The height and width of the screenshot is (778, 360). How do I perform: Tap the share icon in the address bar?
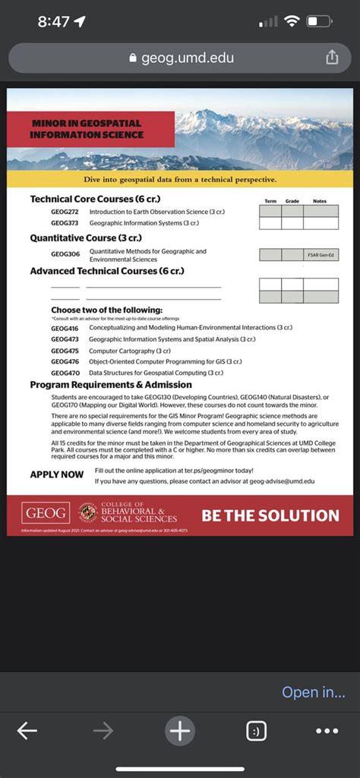(331, 58)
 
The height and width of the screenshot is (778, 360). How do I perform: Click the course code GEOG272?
(65, 211)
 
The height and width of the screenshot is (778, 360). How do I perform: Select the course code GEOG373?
(65, 223)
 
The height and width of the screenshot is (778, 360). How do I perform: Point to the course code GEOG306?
(65, 254)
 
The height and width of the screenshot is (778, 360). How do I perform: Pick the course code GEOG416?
(65, 327)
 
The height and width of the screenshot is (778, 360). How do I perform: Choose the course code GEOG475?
(65, 351)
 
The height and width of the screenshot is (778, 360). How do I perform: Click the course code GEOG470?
(65, 373)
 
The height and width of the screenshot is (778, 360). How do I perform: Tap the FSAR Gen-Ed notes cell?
(321, 255)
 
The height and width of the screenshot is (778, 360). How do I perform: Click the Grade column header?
(292, 201)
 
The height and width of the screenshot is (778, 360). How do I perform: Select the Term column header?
(270, 201)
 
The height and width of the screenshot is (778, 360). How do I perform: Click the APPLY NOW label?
(56, 474)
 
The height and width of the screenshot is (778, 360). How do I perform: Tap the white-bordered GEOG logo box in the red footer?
(46, 513)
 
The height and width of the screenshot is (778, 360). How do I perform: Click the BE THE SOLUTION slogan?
(270, 515)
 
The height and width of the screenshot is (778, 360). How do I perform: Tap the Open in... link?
(313, 692)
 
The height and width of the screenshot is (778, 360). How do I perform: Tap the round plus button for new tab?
(180, 731)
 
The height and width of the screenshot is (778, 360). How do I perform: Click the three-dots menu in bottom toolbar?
(327, 731)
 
